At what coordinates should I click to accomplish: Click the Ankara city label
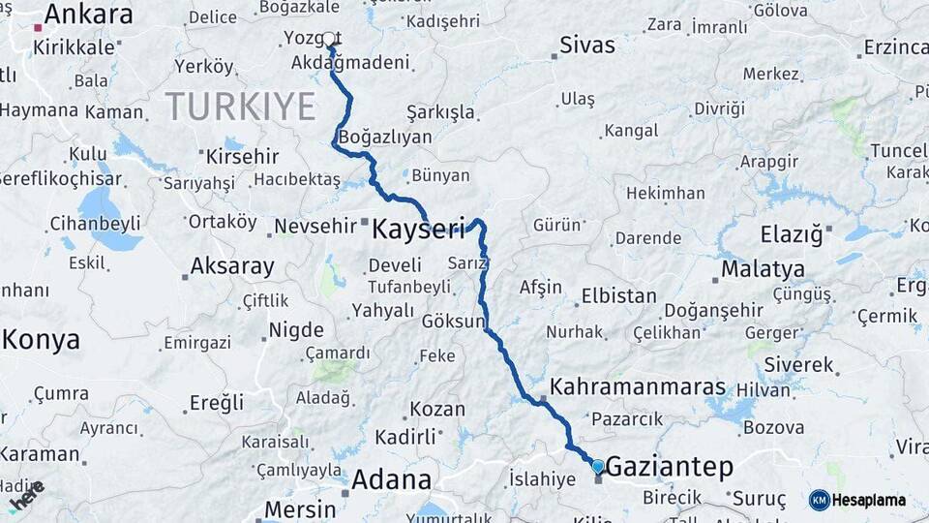pos(88,15)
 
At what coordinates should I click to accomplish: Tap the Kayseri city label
pos(418,230)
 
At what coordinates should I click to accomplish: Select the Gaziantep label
pos(669,467)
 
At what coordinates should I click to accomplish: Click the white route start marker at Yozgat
pos(329,39)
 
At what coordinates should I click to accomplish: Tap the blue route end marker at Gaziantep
pos(597,466)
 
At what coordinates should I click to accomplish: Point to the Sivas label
pos(587,46)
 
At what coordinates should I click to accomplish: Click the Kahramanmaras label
pos(638,387)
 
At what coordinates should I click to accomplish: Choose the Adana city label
pos(391,479)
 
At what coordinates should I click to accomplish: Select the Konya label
pos(41,340)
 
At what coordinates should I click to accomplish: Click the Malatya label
pos(763,268)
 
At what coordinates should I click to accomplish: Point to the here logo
pos(26,496)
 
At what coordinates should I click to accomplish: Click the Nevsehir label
pos(316,226)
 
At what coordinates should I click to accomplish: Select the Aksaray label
pos(232,265)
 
